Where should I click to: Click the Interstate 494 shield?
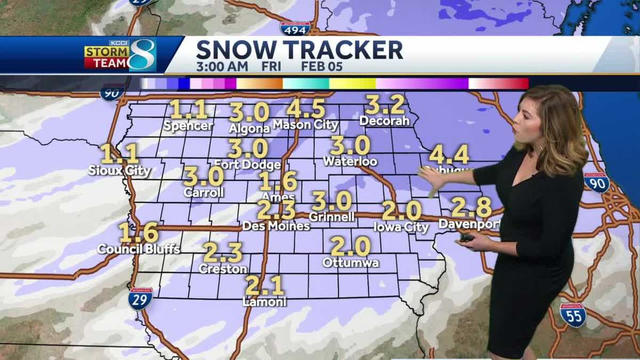point(295,28)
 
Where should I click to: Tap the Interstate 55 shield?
point(573,315)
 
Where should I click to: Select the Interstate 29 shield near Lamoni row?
point(140,299)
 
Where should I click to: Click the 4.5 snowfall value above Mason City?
point(306,109)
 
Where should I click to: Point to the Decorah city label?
point(385,121)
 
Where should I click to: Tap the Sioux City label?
point(119,171)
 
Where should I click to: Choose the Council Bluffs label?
point(139,249)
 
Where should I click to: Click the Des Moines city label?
point(276,226)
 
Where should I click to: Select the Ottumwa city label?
point(350,263)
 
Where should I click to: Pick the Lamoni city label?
point(265,302)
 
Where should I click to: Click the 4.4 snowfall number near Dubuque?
point(449,155)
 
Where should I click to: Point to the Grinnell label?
point(332,217)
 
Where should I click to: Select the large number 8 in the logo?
point(142,55)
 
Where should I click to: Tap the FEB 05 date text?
point(322,67)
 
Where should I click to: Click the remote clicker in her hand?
point(467,238)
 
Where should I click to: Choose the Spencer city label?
point(188,126)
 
